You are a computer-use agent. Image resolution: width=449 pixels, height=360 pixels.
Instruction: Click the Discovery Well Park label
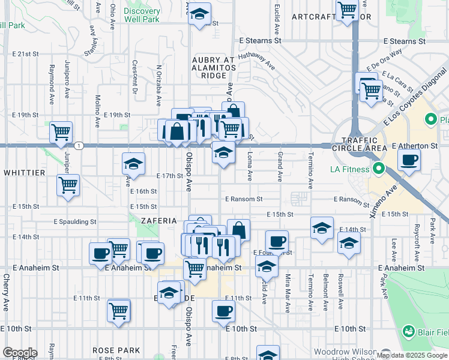(x=142, y=15)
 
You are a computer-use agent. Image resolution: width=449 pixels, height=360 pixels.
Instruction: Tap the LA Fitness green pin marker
(x=378, y=169)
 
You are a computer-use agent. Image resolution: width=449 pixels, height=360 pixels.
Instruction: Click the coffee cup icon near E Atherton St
(x=409, y=161)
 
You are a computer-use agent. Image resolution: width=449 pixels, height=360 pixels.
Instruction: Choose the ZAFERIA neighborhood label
(x=158, y=220)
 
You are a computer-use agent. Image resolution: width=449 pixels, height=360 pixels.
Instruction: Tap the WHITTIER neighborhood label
(x=24, y=172)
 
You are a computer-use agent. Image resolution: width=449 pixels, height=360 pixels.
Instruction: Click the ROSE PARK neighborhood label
(x=116, y=350)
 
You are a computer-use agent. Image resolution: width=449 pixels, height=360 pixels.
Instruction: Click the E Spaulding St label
(x=75, y=221)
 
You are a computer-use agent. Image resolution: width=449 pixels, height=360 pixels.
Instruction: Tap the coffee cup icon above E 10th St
(x=223, y=311)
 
